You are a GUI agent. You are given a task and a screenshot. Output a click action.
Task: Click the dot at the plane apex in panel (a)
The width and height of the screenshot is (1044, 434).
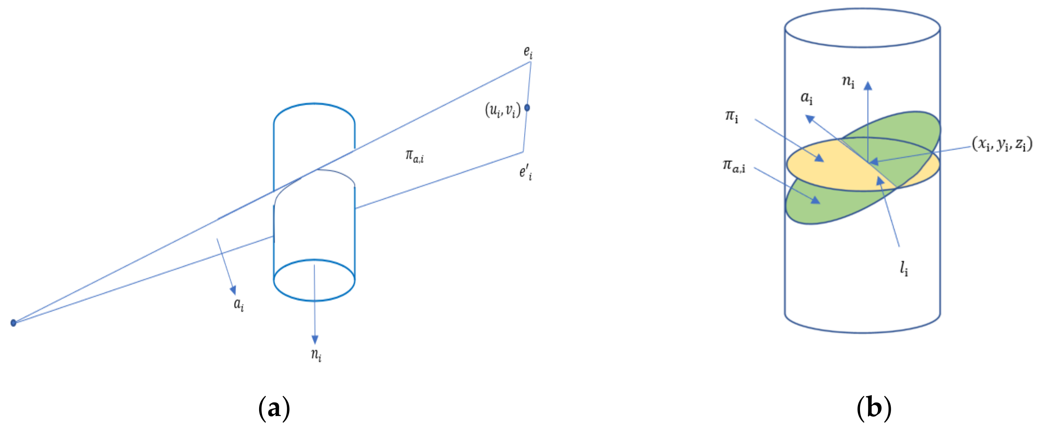pos(13,323)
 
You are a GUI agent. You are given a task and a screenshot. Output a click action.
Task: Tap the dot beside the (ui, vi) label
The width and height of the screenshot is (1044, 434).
pos(527,108)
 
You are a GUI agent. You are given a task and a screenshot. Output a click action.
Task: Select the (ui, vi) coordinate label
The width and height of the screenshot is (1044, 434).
pos(503,109)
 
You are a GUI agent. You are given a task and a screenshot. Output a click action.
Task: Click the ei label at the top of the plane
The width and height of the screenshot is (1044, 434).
pos(528,52)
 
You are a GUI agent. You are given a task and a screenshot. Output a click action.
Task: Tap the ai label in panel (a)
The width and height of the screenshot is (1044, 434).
pos(239,304)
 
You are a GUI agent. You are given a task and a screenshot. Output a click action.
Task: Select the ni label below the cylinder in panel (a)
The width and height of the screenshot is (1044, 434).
pos(316,354)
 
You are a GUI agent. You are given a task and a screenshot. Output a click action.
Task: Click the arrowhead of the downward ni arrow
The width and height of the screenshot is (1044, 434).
pos(314,340)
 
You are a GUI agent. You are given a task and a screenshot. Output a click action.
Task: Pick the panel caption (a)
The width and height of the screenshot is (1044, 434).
pos(274,408)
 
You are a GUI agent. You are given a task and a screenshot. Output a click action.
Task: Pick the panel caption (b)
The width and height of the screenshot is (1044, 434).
pos(874,408)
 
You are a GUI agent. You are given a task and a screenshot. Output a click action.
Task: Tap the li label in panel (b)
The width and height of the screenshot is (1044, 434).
pos(904,268)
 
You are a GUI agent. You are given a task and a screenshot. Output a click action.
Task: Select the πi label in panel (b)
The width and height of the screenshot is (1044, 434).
pos(732,116)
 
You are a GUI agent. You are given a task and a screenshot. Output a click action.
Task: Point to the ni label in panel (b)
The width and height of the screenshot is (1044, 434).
pos(848,81)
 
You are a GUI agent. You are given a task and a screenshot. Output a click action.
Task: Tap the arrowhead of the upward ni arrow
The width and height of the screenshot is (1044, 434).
pos(868,85)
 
